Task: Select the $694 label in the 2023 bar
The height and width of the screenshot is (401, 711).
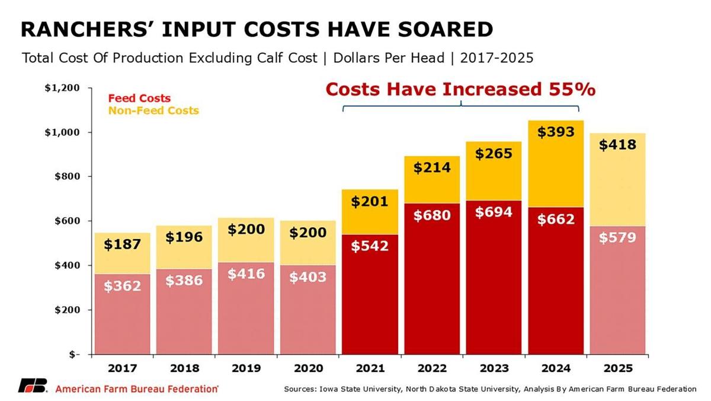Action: tap(494, 212)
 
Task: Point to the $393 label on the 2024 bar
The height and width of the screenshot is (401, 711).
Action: tap(556, 132)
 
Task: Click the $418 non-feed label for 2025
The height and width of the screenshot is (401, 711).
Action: tap(617, 144)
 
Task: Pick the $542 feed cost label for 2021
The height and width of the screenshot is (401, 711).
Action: tap(370, 245)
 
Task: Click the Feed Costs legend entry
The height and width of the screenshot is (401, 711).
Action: tap(139, 98)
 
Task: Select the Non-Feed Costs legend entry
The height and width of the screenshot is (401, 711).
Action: tap(153, 111)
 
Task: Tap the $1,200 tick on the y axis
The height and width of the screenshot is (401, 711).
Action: tap(62, 88)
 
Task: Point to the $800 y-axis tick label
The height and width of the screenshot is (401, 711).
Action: tap(66, 176)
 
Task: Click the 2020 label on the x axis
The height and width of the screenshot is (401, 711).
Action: tap(308, 368)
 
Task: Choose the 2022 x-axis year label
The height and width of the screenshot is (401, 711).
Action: tap(432, 368)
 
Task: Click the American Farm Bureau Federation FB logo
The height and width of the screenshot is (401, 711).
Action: tap(33, 386)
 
